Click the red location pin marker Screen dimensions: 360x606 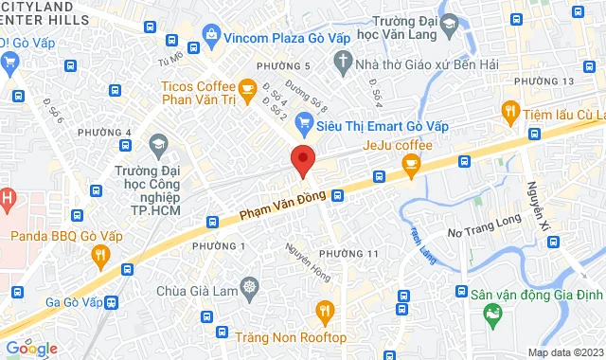click(x=302, y=159)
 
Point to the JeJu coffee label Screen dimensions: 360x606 click(x=398, y=146)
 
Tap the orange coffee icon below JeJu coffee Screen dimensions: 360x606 click(x=410, y=166)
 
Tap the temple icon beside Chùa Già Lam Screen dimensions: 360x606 click(x=249, y=287)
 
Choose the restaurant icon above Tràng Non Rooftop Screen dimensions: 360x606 click(x=325, y=311)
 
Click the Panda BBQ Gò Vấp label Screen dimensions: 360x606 click(x=53, y=235)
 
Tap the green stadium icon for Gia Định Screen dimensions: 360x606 click(x=490, y=313)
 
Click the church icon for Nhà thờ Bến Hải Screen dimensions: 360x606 click(x=344, y=65)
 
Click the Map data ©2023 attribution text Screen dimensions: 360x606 click(x=564, y=352)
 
